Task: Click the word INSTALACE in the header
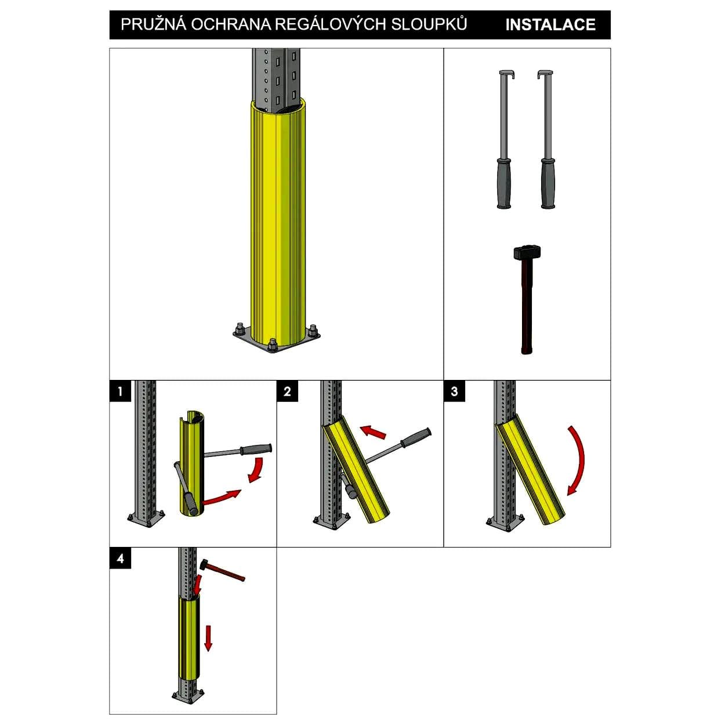[x=550, y=25]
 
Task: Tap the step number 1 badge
[x=121, y=391]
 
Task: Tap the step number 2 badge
[x=288, y=391]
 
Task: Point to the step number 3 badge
[x=454, y=391]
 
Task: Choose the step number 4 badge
[x=121, y=558]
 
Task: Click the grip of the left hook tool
[x=504, y=183]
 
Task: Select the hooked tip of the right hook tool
[x=545, y=73]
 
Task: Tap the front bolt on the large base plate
[x=273, y=345]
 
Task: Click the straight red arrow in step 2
[x=373, y=432]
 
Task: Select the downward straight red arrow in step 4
[x=208, y=638]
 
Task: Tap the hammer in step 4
[x=223, y=571]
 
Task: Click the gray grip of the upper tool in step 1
[x=256, y=448]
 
